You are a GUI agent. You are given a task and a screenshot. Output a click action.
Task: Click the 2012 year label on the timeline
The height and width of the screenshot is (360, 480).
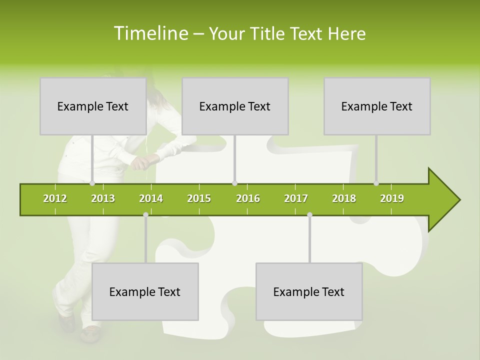click(x=55, y=199)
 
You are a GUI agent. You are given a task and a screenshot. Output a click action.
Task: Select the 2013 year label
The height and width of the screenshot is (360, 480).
click(x=103, y=199)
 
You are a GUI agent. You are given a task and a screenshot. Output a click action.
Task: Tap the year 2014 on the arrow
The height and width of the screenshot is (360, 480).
click(x=151, y=199)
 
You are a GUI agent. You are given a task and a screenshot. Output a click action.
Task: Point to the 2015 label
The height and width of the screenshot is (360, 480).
click(x=199, y=199)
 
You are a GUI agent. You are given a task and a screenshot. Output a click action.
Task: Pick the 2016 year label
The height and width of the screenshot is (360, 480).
click(x=248, y=199)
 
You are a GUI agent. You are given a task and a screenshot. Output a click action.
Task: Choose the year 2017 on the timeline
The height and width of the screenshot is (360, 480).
click(x=296, y=199)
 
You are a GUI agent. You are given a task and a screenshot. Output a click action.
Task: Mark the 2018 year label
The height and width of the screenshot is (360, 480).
click(x=344, y=199)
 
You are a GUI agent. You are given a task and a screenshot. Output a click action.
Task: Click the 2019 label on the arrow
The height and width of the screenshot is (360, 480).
click(x=392, y=199)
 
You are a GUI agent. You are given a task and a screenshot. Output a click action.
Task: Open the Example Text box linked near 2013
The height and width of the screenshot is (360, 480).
click(x=93, y=106)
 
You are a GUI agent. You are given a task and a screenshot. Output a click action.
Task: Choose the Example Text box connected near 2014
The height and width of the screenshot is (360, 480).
click(x=145, y=292)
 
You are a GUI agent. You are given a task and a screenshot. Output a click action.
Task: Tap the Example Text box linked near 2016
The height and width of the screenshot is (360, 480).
click(x=235, y=106)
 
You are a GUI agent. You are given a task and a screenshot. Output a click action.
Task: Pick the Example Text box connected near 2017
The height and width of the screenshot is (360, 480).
click(x=309, y=292)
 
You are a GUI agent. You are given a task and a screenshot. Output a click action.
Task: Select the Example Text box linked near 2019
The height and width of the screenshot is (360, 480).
click(x=377, y=106)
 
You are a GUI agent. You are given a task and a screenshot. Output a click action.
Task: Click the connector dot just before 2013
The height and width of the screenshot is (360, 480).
click(x=92, y=183)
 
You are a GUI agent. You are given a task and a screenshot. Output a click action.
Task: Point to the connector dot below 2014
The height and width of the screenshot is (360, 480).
click(x=145, y=215)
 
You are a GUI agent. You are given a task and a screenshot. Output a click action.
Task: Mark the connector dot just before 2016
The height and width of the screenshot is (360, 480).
click(x=234, y=183)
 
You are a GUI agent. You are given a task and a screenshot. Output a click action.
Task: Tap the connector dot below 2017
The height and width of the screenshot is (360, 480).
click(x=309, y=215)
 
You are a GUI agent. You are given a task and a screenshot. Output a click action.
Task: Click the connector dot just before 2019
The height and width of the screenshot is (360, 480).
click(x=376, y=183)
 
